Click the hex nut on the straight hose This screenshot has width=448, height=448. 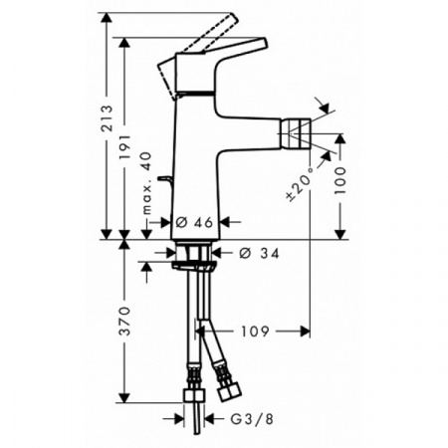(x=195, y=396)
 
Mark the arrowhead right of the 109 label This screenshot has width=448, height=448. (x=301, y=330)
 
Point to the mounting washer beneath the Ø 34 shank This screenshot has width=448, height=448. (x=193, y=265)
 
